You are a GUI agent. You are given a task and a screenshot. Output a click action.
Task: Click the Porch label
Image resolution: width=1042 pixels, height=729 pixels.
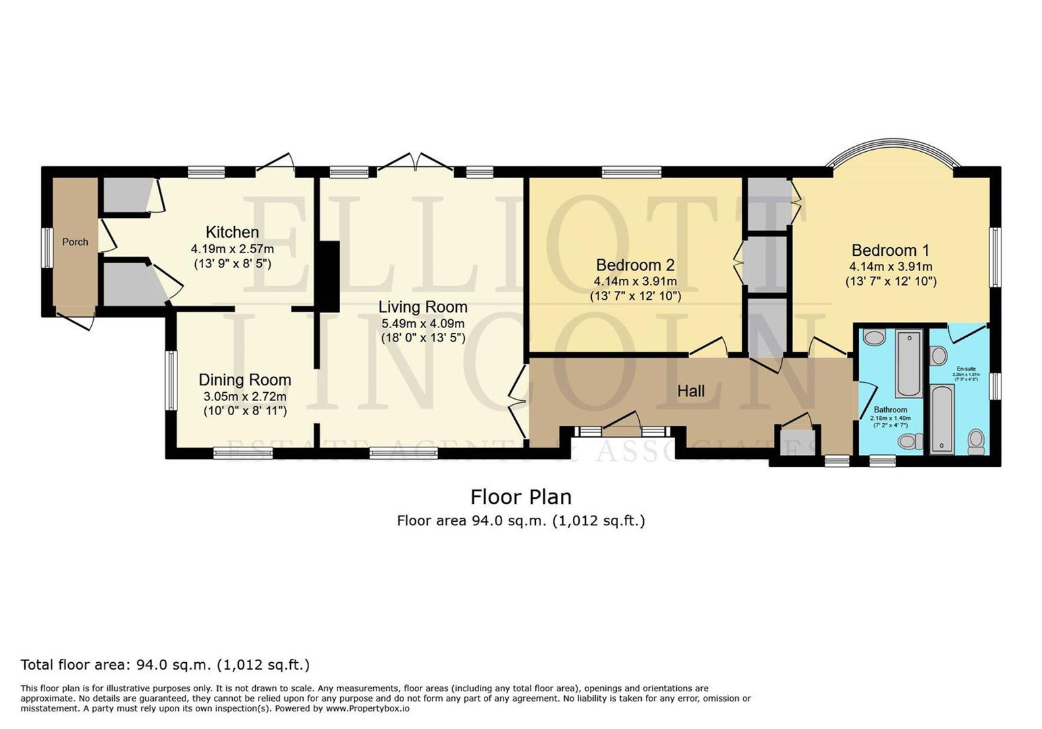click(x=75, y=242)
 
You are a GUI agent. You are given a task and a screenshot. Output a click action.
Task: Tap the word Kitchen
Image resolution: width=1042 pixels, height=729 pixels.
click(x=232, y=232)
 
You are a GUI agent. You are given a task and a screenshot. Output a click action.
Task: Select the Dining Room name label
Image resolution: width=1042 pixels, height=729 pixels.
click(x=244, y=380)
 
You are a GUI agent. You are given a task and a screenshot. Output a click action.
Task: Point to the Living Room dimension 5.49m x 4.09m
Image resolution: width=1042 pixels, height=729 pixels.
click(x=422, y=323)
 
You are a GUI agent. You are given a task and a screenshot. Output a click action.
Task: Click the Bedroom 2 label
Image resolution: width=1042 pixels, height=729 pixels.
click(x=635, y=265)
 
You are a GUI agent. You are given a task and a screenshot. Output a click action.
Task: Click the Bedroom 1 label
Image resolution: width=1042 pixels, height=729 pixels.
click(x=890, y=250)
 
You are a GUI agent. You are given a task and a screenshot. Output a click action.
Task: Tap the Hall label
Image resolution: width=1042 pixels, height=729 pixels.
click(x=690, y=391)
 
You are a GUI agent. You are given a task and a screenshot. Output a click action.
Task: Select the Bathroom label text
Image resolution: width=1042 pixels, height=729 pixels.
click(x=890, y=410)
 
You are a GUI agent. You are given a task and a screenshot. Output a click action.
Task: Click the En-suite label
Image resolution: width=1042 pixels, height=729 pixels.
click(x=966, y=369)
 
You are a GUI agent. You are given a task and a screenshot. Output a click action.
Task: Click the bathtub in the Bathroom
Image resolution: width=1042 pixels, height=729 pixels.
click(x=909, y=363)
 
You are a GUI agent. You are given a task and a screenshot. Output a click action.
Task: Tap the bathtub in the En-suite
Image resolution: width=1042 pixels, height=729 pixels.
click(x=942, y=418)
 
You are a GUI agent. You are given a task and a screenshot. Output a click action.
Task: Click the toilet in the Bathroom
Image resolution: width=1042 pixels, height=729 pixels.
click(x=910, y=441)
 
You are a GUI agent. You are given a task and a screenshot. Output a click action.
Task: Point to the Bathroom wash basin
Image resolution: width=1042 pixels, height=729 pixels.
click(x=874, y=337)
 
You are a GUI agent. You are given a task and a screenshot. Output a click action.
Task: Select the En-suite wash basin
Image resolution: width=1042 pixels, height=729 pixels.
click(x=938, y=355)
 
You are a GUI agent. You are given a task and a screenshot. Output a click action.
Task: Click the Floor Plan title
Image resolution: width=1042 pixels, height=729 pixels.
click(x=520, y=497)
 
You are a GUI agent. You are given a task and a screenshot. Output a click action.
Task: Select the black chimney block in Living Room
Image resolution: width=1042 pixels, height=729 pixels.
click(x=329, y=277)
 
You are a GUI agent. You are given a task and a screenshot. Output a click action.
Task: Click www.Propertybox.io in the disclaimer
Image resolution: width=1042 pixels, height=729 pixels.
click(x=368, y=709)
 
